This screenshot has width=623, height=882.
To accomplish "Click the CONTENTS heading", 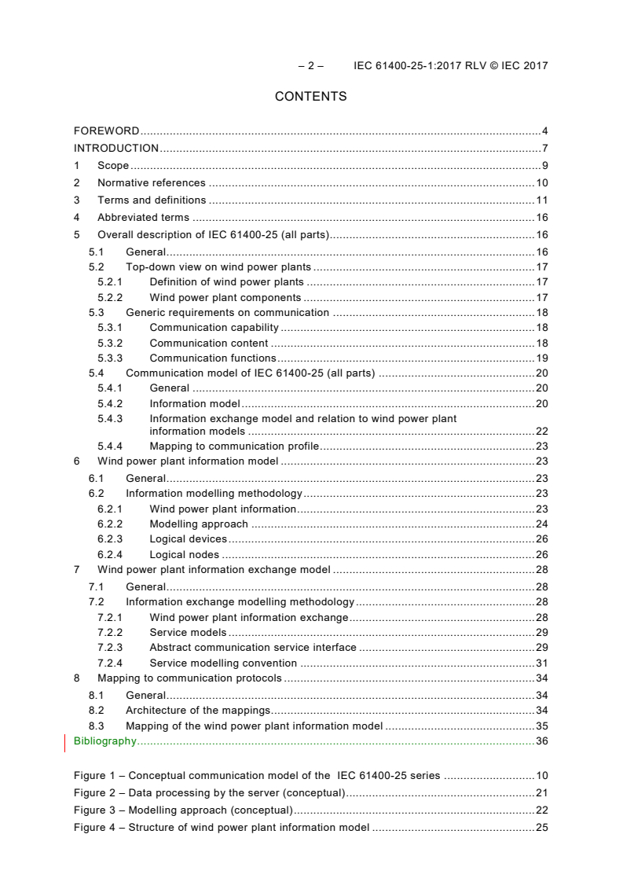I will tap(310, 97).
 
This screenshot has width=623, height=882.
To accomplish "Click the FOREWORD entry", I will tap(106, 130).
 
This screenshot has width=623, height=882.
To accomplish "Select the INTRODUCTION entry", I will tap(116, 148).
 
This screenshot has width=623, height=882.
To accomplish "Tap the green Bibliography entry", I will tap(104, 741).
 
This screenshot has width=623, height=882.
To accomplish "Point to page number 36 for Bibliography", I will tap(541, 741).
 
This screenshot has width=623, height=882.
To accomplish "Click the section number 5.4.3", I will tap(110, 419).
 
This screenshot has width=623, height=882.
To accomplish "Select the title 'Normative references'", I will tap(151, 182).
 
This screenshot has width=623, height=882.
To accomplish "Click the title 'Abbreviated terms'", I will tap(143, 217).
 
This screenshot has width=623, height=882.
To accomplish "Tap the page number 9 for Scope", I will tap(544, 165).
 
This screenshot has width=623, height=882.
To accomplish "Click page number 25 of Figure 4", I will tap(541, 827).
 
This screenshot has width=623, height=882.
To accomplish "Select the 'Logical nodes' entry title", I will tap(184, 554).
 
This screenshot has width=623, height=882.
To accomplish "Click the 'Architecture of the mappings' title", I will tap(198, 710).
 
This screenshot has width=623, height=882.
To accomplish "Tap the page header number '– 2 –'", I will tap(310, 65).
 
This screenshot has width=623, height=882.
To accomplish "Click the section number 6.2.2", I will tap(110, 524).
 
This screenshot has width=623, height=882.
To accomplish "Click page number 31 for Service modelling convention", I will tap(541, 663).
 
